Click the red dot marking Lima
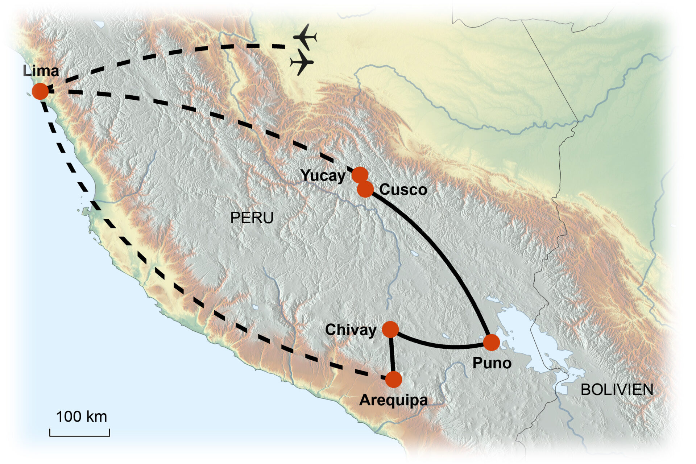(x=40, y=91)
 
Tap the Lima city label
(x=41, y=71)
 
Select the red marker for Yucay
(x=360, y=175)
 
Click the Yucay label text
(x=323, y=176)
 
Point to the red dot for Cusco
(x=365, y=189)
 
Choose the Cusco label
(x=403, y=190)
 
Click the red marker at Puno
(x=492, y=343)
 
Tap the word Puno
(x=492, y=363)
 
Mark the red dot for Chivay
(x=390, y=330)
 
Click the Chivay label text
(x=351, y=330)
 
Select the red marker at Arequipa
(x=394, y=380)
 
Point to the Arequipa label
(x=393, y=400)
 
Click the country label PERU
(x=252, y=218)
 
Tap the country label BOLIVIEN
(x=617, y=390)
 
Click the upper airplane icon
(x=305, y=37)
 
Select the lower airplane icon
(x=302, y=62)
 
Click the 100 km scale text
(x=82, y=417)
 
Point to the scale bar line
(x=80, y=435)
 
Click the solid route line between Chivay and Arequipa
(x=392, y=355)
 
